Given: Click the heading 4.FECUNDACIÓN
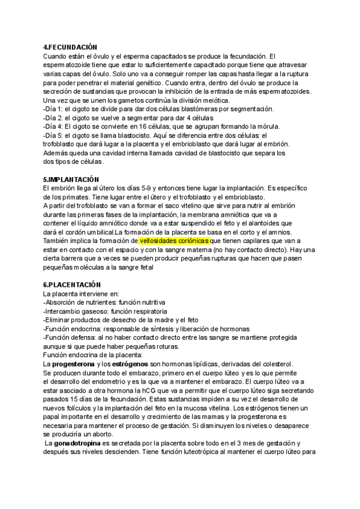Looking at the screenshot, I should (70, 47).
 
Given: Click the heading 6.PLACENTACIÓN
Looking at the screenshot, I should (72, 284).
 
